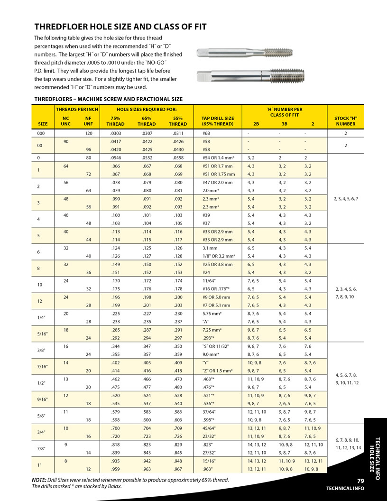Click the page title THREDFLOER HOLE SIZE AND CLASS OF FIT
pyautogui.click(x=120, y=27)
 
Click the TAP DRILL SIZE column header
pyautogui.click(x=218, y=121)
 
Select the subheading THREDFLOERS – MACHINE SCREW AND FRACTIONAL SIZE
pyautogui.click(x=109, y=99)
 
